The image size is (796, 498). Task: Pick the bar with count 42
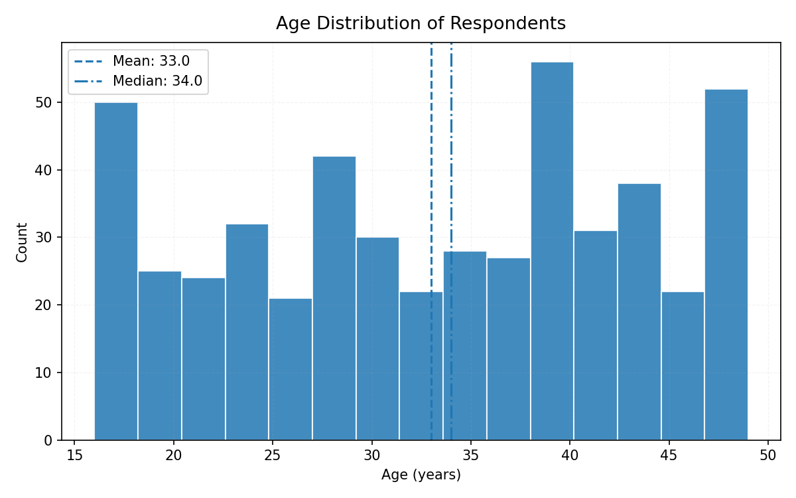click(x=334, y=298)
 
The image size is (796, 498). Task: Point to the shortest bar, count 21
click(x=290, y=369)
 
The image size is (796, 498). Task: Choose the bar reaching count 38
click(x=639, y=311)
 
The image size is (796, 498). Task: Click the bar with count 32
click(x=247, y=332)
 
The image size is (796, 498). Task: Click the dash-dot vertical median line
click(x=451, y=166)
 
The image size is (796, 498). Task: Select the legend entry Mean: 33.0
click(x=151, y=62)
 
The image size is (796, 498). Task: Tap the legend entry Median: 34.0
click(x=157, y=82)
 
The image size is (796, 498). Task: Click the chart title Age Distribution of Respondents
click(x=421, y=24)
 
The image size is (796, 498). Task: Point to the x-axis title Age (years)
click(x=421, y=475)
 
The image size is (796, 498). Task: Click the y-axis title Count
click(x=23, y=242)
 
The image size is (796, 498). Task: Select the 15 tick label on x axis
click(x=74, y=456)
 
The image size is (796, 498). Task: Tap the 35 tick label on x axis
click(x=471, y=456)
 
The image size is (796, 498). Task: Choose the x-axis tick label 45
click(x=669, y=456)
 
